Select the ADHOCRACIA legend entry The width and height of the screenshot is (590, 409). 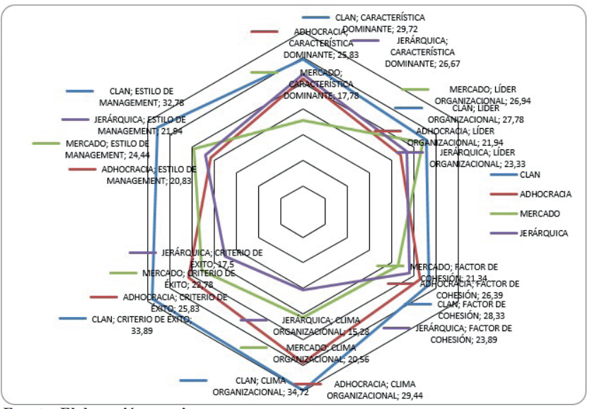point(545,194)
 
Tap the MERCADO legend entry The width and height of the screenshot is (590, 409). point(540,214)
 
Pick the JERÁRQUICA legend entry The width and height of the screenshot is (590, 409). point(543,233)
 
